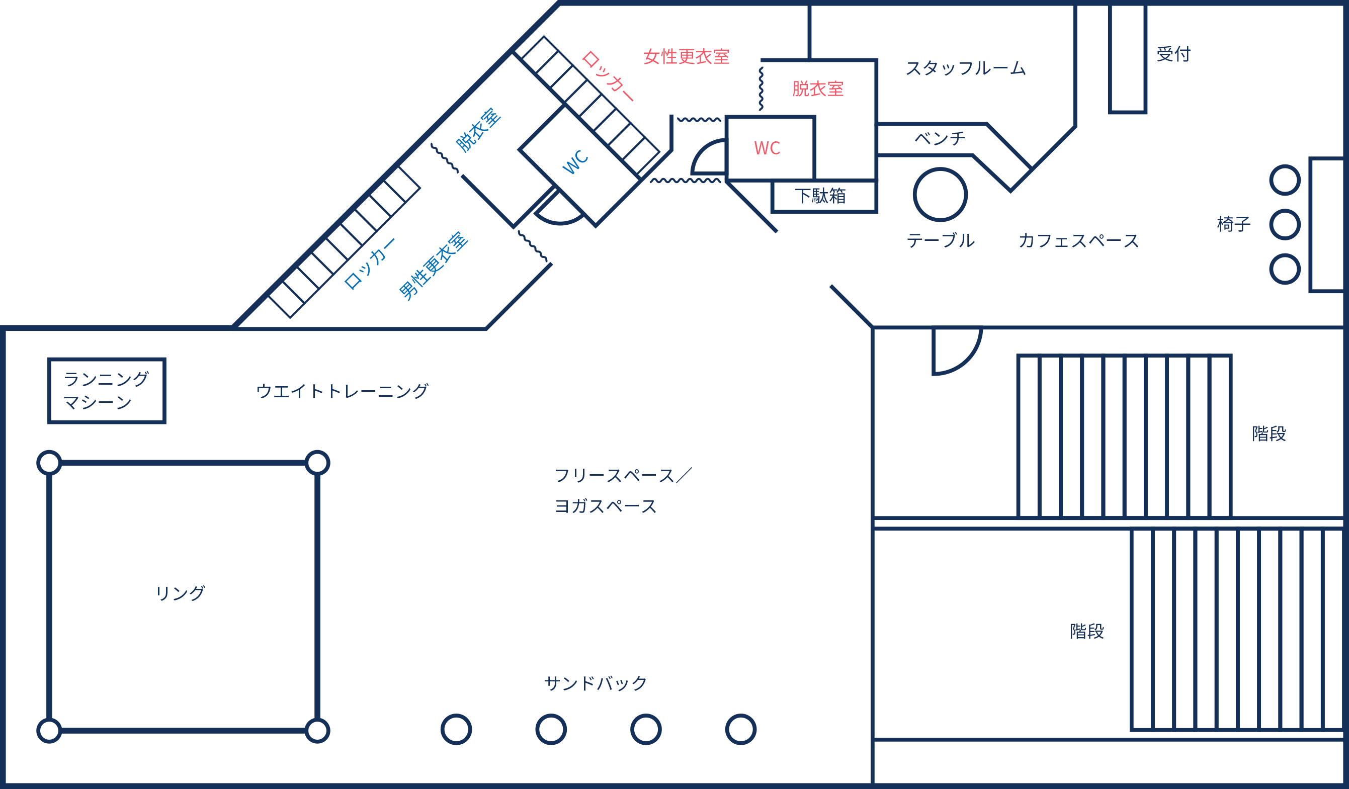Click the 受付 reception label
tap(1173, 54)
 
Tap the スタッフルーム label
tap(966, 68)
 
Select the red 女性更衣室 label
tap(686, 57)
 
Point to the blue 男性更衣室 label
tap(434, 266)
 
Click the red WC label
tap(767, 148)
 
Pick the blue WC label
tap(575, 161)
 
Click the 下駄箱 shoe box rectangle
tap(824, 197)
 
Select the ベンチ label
tap(940, 139)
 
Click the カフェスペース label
tap(1079, 241)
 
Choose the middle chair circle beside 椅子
tap(1285, 224)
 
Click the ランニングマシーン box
tap(107, 391)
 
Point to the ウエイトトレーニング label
tap(342, 391)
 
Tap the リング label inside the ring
tap(180, 593)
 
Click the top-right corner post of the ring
tap(317, 463)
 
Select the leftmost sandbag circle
tap(456, 729)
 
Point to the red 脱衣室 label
tap(818, 89)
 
